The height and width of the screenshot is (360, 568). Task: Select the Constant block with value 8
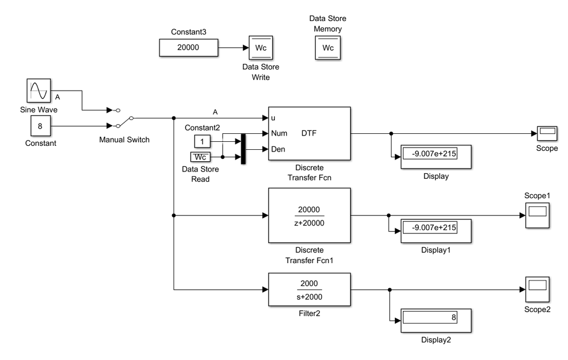(40, 126)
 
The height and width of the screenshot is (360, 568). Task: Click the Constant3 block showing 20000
(188, 48)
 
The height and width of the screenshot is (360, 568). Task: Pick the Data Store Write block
(260, 48)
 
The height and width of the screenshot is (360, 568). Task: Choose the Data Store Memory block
(328, 48)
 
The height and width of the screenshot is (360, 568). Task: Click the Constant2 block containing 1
(202, 141)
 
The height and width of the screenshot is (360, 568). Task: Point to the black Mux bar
(244, 149)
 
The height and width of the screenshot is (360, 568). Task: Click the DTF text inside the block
(309, 133)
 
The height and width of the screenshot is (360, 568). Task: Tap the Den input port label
(278, 149)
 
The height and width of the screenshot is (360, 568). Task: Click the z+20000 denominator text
(309, 223)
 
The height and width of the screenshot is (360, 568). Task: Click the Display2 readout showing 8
(437, 318)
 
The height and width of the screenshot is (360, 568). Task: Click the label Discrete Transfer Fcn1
(309, 255)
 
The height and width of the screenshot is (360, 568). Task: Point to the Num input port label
(279, 134)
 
